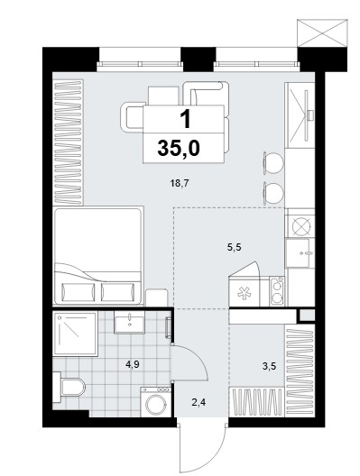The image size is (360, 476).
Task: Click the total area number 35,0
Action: [179, 148]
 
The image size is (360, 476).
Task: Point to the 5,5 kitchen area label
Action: [234, 247]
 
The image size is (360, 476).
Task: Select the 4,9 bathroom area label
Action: [133, 364]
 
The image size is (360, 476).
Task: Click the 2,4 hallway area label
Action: [199, 403]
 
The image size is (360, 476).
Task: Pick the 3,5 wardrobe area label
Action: [269, 366]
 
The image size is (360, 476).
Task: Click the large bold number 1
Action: [186, 119]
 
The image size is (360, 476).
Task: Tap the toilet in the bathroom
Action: [69, 388]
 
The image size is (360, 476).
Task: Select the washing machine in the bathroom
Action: [155, 402]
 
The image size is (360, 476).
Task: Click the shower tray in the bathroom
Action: [75, 334]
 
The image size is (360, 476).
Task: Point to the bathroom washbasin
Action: [129, 323]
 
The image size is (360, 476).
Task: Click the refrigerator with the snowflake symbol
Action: [244, 293]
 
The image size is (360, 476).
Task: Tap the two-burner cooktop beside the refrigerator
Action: [277, 291]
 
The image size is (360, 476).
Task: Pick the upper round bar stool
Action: [273, 163]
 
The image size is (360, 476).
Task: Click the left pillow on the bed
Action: [78, 292]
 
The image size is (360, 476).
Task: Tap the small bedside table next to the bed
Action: [157, 297]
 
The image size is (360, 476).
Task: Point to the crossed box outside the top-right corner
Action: [322, 32]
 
